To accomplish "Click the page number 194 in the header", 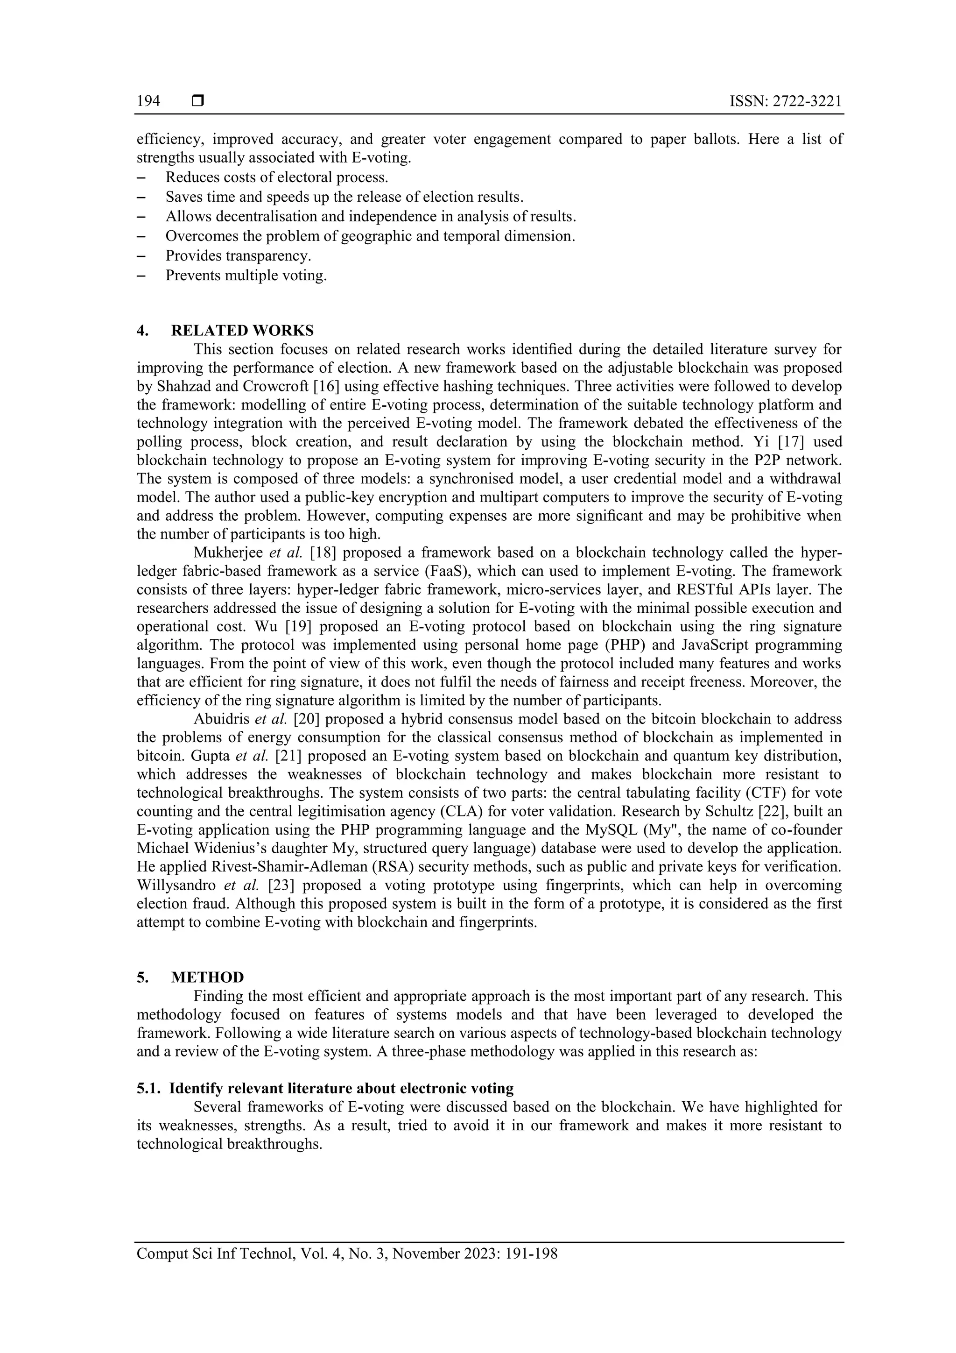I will (x=148, y=101).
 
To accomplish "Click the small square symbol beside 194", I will (x=198, y=101).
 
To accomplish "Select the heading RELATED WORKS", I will (x=242, y=330).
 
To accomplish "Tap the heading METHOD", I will (x=207, y=978).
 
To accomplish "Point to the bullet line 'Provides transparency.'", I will (x=238, y=256).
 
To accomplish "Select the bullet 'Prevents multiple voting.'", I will (x=246, y=275).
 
